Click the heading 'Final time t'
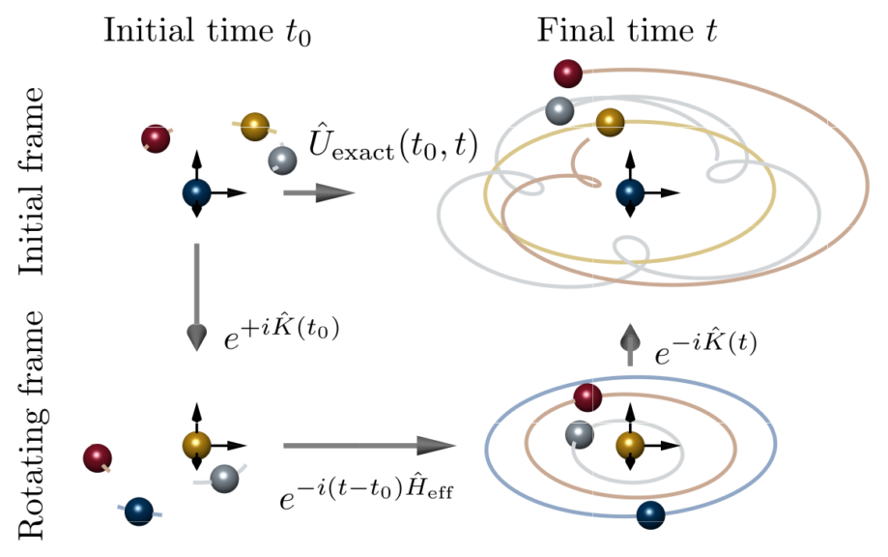[x=632, y=31]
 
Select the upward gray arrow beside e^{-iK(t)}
[x=630, y=344]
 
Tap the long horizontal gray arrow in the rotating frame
[x=368, y=446]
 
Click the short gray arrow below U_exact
[x=319, y=194]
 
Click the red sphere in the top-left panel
[x=155, y=139]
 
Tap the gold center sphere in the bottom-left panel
[x=197, y=445]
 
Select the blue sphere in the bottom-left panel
[x=139, y=509]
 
